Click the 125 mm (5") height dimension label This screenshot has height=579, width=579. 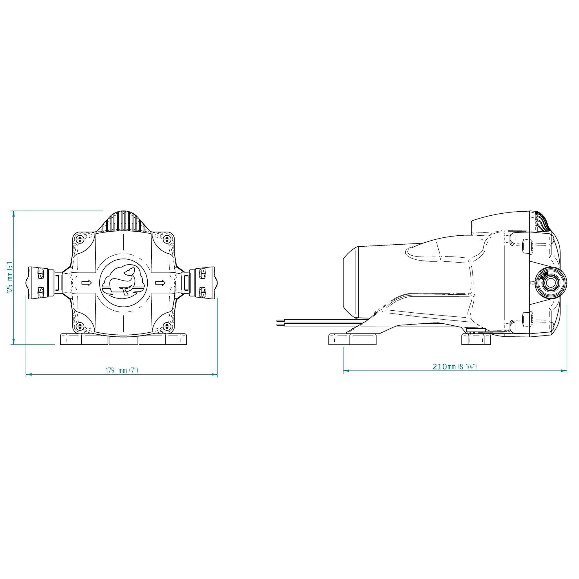10,278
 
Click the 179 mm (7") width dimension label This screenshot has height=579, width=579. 122,371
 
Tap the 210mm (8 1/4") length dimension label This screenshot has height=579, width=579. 454,367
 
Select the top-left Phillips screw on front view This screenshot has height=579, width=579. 80,239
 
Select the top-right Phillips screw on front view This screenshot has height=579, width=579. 167,239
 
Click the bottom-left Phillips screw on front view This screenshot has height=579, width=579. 80,326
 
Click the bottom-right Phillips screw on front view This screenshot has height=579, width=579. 167,326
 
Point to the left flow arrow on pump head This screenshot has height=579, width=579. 87,283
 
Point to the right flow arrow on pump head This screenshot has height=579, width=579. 160,283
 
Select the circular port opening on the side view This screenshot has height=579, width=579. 551,283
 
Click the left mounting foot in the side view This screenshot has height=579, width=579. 352,339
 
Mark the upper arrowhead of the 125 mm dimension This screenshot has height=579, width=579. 13,213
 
